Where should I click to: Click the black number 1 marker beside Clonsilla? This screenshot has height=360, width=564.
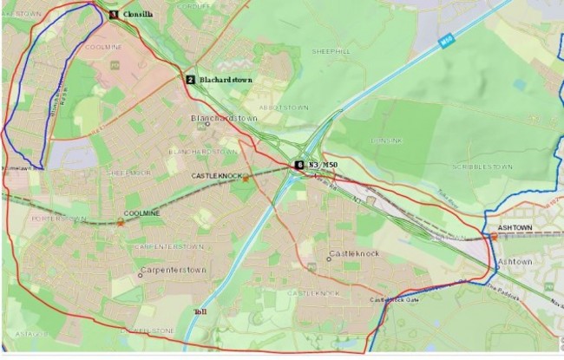pyautogui.click(x=113, y=15)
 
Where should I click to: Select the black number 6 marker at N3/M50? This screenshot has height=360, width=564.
pyautogui.click(x=299, y=164)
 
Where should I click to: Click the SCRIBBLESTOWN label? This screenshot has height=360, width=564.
pyautogui.click(x=477, y=165)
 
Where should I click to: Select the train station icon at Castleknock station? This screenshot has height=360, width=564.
pyautogui.click(x=246, y=177)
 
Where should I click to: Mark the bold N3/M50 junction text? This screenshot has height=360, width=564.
pyautogui.click(x=320, y=165)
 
